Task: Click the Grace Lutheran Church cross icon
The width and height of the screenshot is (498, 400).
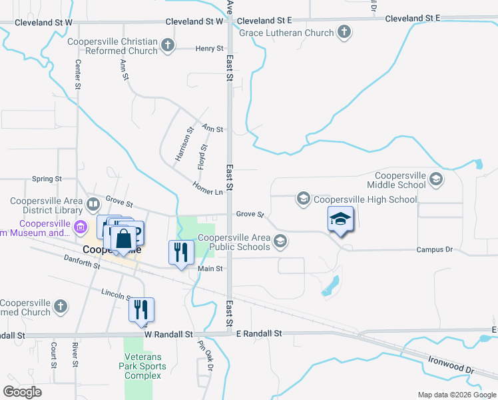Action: pyautogui.click(x=344, y=31)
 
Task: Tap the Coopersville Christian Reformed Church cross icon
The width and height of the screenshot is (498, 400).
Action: pyautogui.click(x=168, y=45)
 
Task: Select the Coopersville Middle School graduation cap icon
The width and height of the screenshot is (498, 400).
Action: pyautogui.click(x=436, y=179)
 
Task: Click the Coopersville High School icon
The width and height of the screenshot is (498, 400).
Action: pyautogui.click(x=304, y=199)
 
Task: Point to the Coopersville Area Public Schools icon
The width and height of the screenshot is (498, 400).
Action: pyautogui.click(x=281, y=241)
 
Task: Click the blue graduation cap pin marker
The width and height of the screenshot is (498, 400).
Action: pyautogui.click(x=340, y=219)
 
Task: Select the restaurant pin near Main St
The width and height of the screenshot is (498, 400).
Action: pyautogui.click(x=180, y=253)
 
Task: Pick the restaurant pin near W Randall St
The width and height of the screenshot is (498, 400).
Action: pyautogui.click(x=141, y=310)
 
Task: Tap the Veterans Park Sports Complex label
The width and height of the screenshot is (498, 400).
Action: pyautogui.click(x=140, y=366)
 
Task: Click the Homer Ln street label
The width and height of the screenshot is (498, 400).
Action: pyautogui.click(x=207, y=188)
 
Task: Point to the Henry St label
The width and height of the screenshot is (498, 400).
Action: pyautogui.click(x=210, y=48)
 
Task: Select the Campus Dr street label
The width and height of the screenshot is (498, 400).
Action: pyautogui.click(x=434, y=249)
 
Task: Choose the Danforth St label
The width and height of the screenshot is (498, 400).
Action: pyautogui.click(x=82, y=261)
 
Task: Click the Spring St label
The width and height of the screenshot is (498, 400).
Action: pyautogui.click(x=47, y=179)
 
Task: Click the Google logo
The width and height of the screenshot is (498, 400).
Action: pyautogui.click(x=22, y=392)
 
